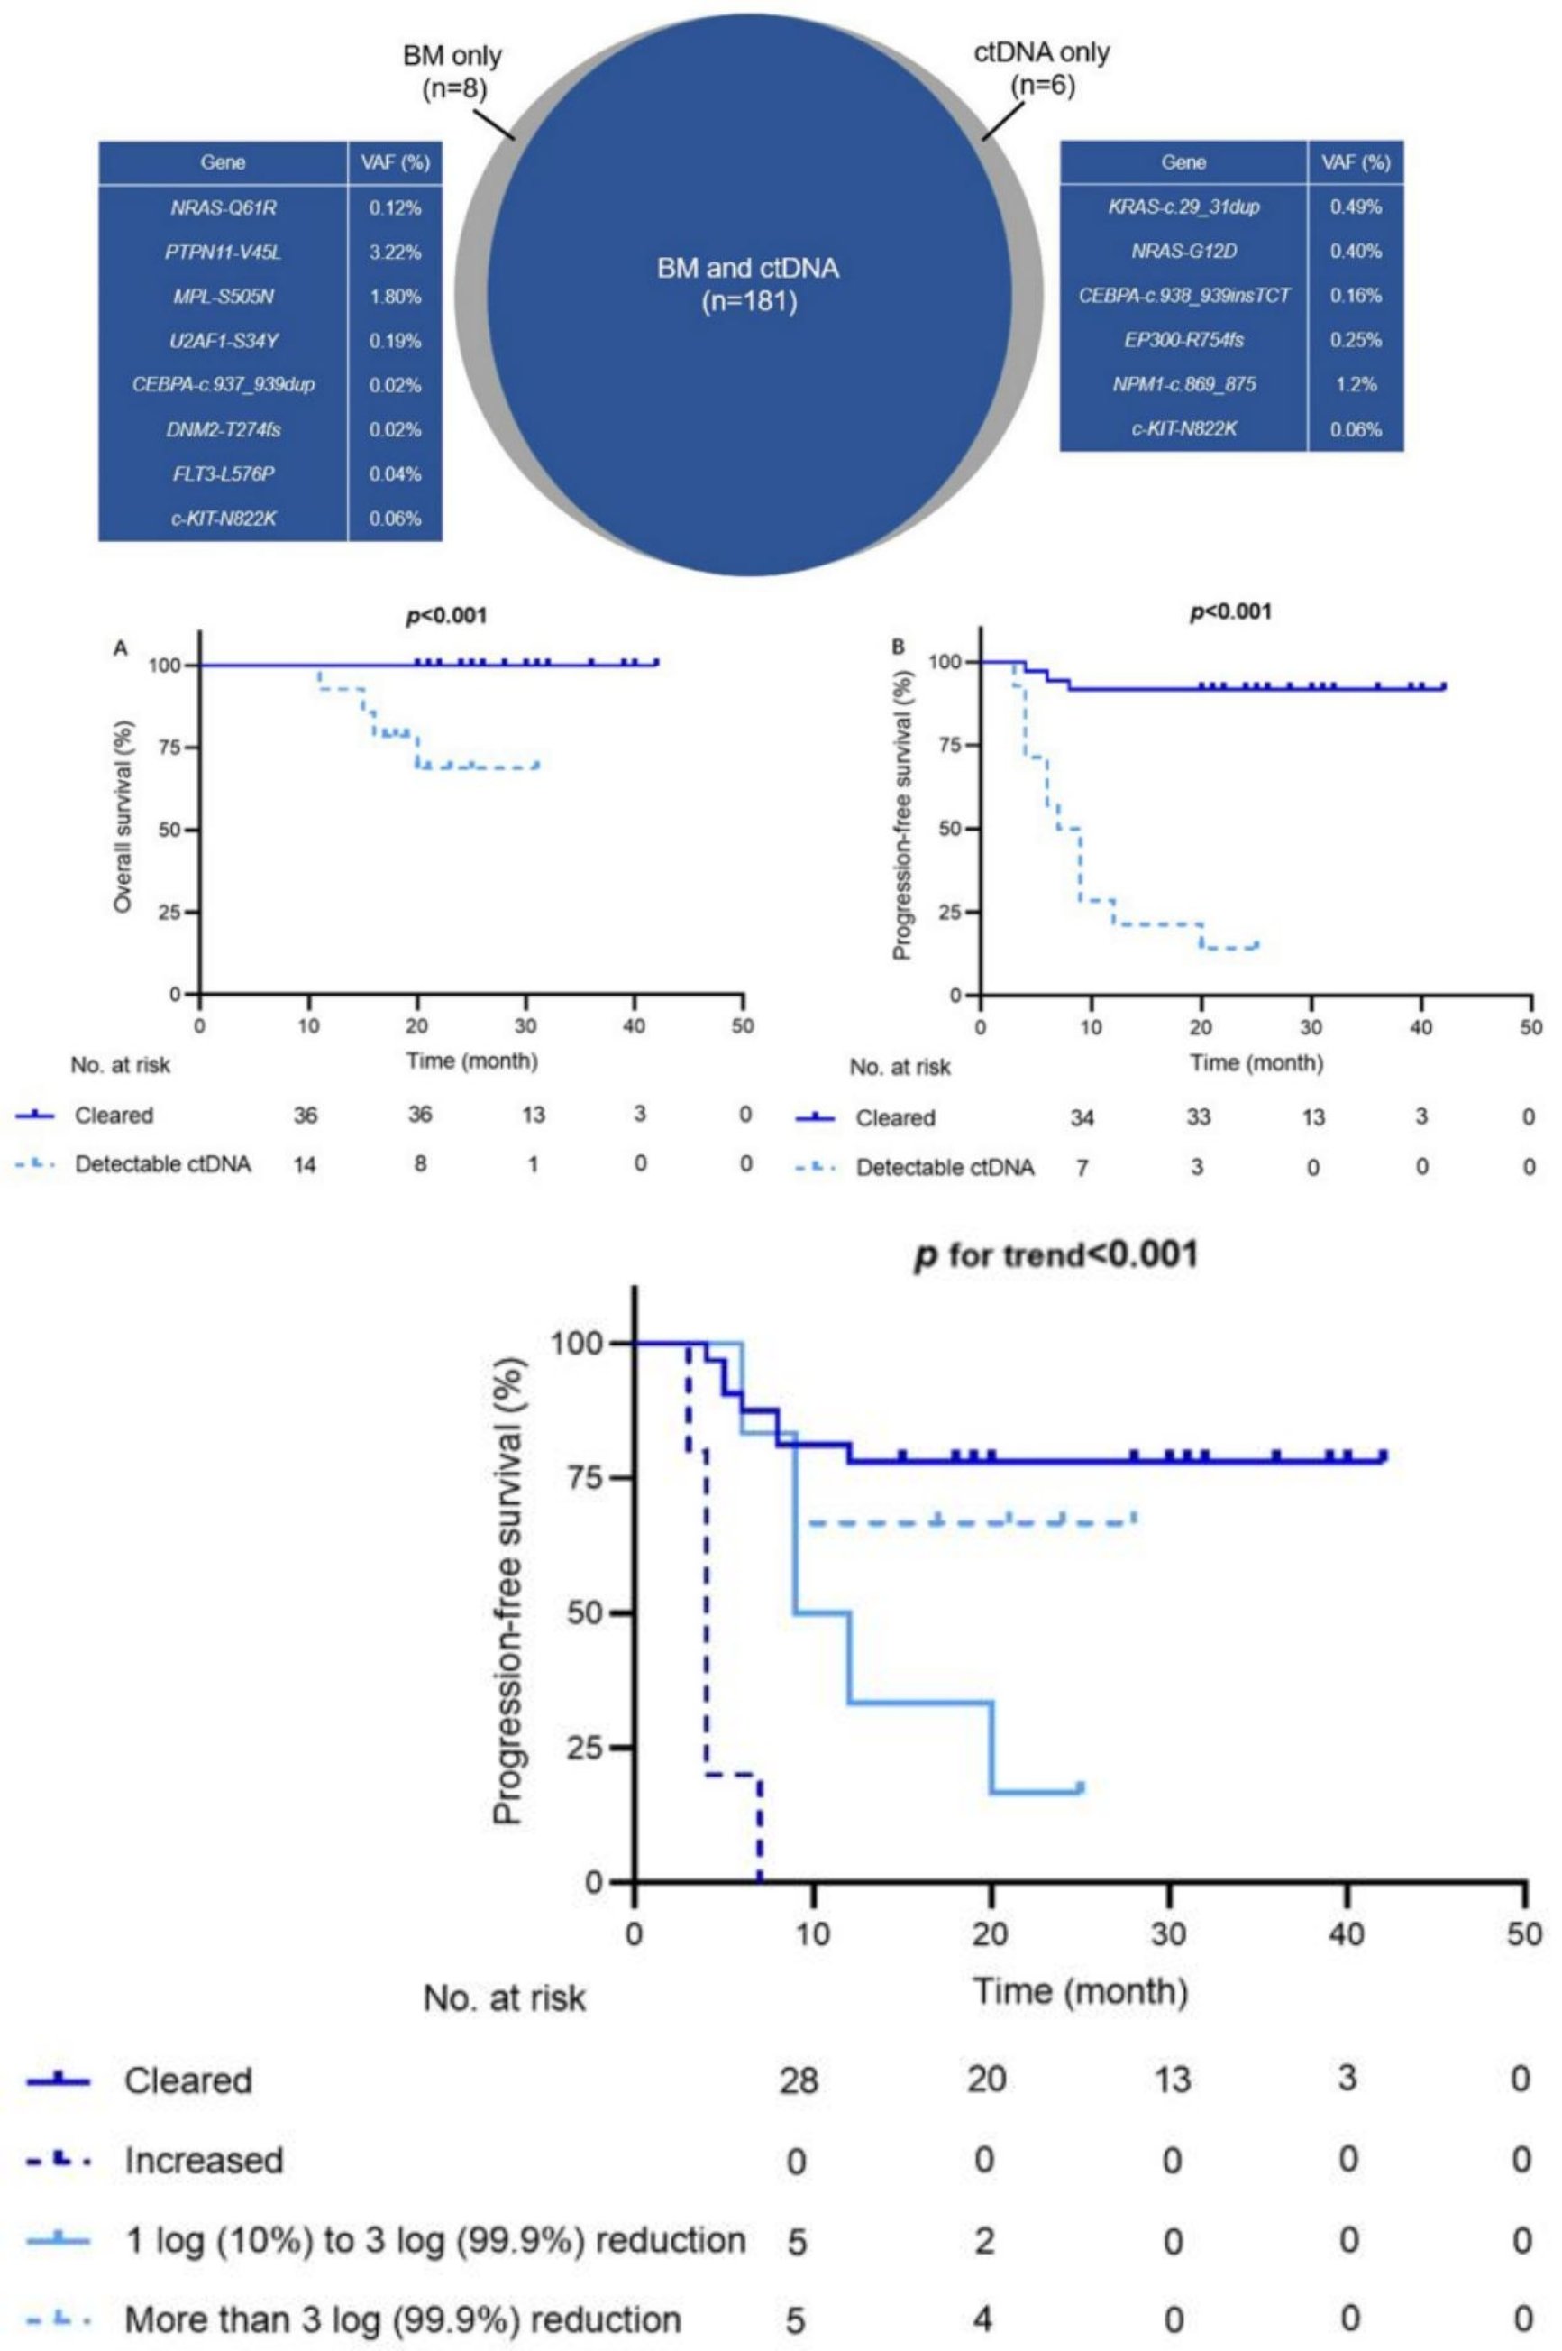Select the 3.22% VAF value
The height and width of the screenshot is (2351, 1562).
click(395, 253)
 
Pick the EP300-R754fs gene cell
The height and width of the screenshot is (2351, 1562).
click(1183, 341)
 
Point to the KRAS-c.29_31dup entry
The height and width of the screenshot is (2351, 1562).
click(1183, 207)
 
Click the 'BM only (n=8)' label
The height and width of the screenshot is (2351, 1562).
click(452, 72)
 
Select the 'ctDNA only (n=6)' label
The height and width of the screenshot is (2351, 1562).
click(1042, 68)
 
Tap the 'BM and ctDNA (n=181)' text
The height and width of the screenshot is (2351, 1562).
click(748, 284)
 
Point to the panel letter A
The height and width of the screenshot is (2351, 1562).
click(121, 648)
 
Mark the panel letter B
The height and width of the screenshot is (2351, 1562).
click(899, 647)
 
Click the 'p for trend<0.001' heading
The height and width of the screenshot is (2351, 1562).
click(1056, 1254)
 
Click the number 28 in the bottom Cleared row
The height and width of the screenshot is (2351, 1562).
click(798, 2081)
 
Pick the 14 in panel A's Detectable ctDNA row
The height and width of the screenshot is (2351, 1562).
click(305, 1164)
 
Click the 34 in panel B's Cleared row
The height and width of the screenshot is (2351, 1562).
click(1082, 1118)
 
